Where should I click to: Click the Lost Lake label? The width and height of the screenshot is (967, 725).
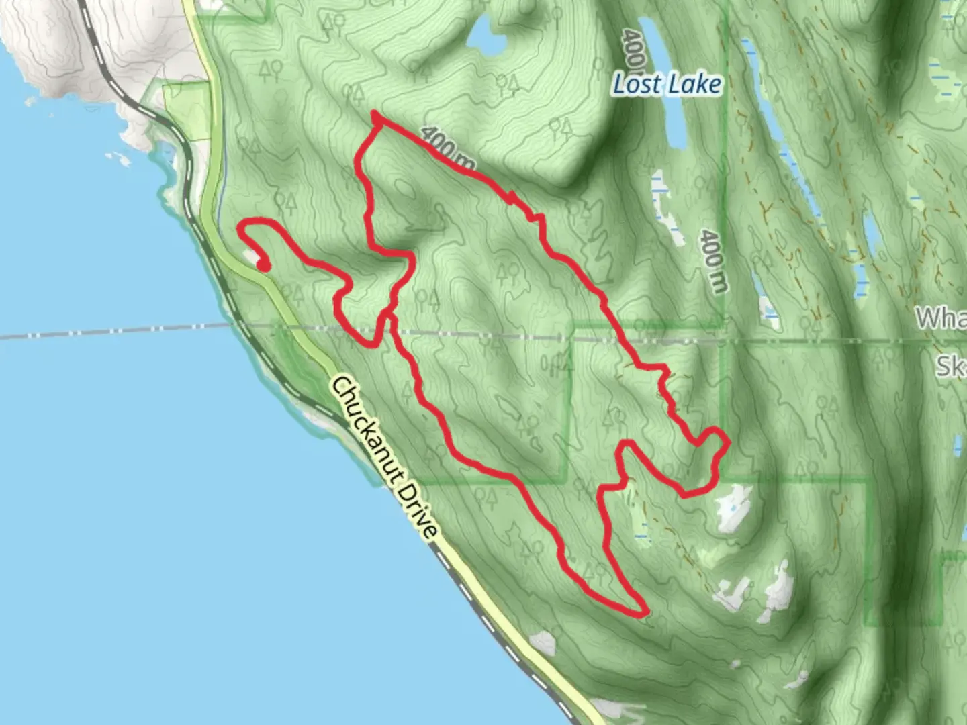point(667,85)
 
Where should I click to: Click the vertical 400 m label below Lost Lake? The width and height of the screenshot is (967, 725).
point(713,261)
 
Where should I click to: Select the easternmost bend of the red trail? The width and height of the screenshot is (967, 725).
point(727,440)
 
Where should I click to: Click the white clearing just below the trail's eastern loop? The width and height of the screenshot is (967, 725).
point(732,507)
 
